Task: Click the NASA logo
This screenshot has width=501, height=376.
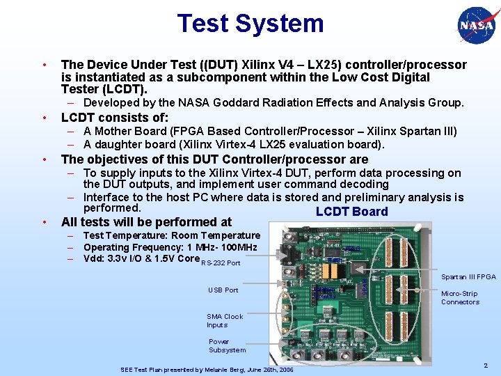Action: (477, 27)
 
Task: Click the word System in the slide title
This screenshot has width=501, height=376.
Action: (285, 23)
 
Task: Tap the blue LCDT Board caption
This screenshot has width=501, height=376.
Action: (351, 212)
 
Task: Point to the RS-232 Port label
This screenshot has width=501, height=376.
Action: (220, 263)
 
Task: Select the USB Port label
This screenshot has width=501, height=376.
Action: (223, 290)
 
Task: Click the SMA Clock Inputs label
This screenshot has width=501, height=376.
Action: (224, 320)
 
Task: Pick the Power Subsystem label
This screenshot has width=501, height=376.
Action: (227, 346)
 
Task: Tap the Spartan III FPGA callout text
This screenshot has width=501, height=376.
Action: (468, 277)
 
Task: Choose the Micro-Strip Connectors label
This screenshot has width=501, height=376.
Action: (460, 298)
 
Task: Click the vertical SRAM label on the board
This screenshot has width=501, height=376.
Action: (365, 285)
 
